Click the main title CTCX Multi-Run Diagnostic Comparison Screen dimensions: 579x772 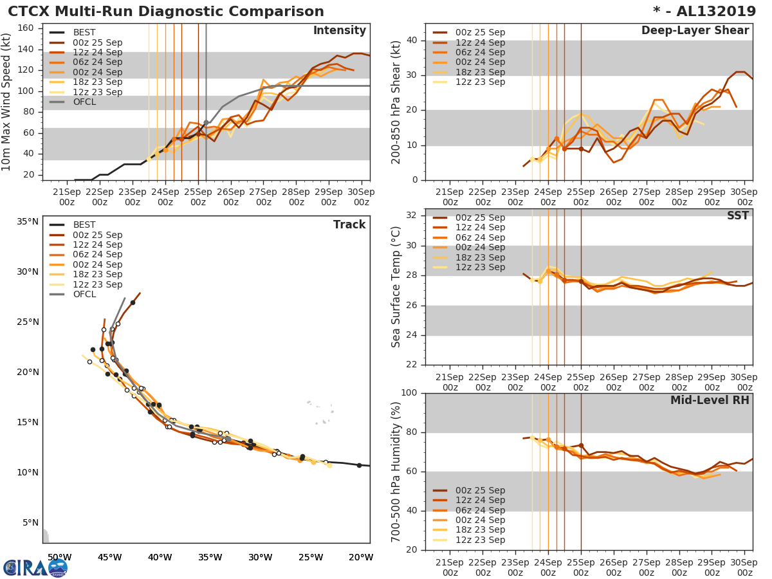click(x=166, y=12)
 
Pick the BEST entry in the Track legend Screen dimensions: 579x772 click(x=85, y=225)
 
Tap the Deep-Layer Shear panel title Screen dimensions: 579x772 click(x=695, y=31)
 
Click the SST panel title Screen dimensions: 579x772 click(x=738, y=216)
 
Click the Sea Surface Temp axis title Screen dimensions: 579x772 click(x=396, y=287)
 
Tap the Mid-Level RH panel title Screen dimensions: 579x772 click(x=710, y=400)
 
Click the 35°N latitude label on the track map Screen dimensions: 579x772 click(x=27, y=222)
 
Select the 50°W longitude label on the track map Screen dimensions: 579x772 click(x=59, y=557)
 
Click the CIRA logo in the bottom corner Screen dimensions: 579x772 click(x=35, y=567)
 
